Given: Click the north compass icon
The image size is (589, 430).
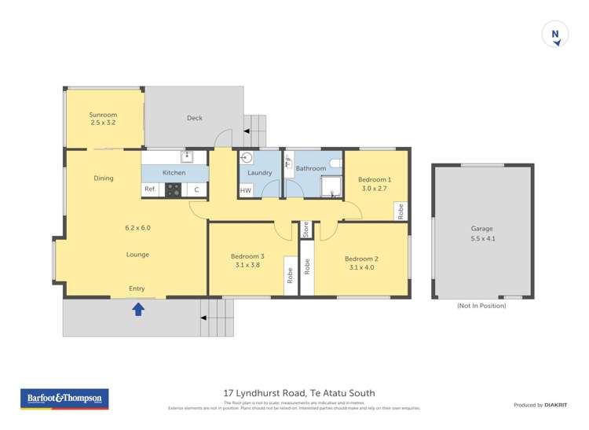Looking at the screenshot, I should (x=555, y=35).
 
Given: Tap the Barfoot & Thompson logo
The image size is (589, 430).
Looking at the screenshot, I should (x=64, y=399).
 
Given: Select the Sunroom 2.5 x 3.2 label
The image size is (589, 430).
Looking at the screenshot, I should (x=103, y=119).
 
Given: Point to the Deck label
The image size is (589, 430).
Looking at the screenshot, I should (x=194, y=118).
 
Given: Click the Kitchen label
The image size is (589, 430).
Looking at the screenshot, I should (x=174, y=173).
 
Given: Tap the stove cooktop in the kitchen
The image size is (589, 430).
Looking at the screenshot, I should (x=174, y=189).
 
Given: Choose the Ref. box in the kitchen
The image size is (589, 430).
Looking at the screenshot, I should (x=150, y=189).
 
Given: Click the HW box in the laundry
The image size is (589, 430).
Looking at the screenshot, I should (x=246, y=191).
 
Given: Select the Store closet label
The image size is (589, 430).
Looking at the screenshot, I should (x=305, y=230).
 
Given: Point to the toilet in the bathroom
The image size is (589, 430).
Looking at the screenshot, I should (x=335, y=164).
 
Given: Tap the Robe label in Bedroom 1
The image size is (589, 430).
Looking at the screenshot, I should (x=401, y=211).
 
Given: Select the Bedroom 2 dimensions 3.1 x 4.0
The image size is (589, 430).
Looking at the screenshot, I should (x=361, y=268).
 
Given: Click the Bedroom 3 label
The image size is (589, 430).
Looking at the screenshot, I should (x=247, y=256).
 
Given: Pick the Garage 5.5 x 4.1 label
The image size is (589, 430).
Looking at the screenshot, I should (x=482, y=233).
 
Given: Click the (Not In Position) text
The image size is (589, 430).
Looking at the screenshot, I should (x=481, y=306).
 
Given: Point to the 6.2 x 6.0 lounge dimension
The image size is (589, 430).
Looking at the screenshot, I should (x=137, y=228).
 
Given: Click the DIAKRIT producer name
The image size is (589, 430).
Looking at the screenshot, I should (x=558, y=405).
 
